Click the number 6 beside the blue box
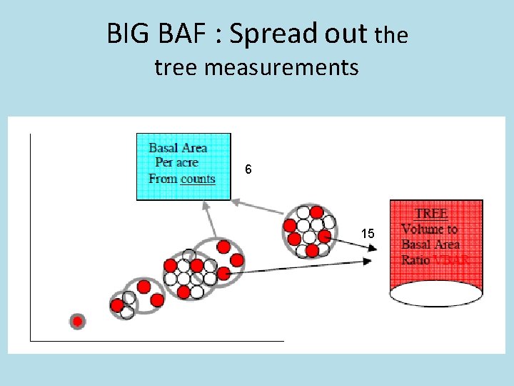[x=248, y=170]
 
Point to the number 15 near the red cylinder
[x=368, y=234]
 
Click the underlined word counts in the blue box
[x=198, y=179]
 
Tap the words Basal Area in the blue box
[x=178, y=148]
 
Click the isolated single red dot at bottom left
[x=78, y=321]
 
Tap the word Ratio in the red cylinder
[x=416, y=260]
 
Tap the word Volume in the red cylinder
[x=420, y=229]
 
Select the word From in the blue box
[x=163, y=179]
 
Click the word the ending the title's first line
[x=391, y=35]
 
